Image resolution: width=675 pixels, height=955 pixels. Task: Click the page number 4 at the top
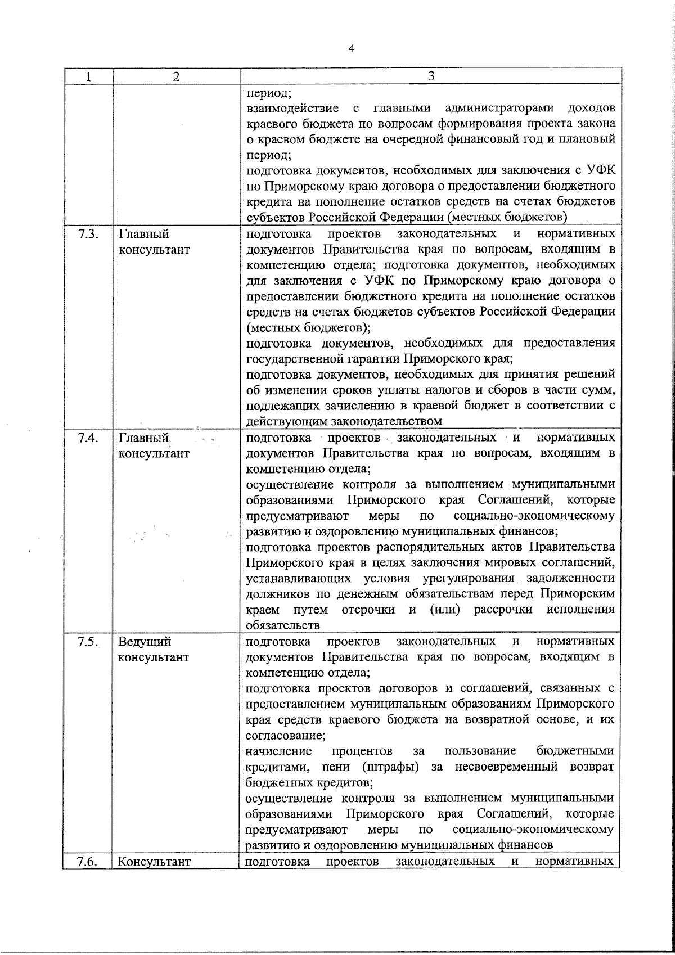352,49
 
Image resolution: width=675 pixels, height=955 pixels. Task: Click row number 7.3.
89,234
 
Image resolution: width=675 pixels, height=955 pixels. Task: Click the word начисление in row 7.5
279,751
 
